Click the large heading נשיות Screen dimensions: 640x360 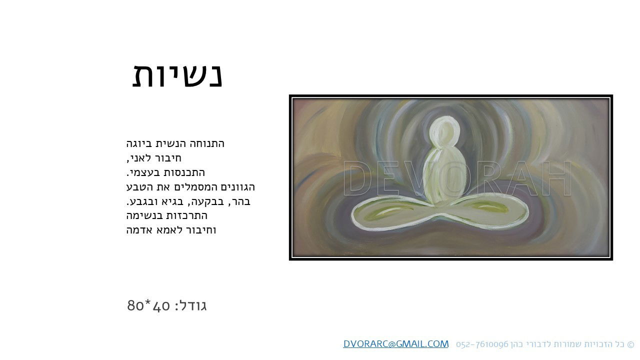point(177,75)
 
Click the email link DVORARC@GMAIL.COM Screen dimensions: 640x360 point(395,344)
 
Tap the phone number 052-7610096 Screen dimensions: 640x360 point(482,344)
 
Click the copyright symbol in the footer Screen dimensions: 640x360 point(630,344)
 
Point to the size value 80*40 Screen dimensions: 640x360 point(149,305)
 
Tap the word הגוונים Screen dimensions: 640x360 point(237,187)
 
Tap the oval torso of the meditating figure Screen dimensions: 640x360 point(444,175)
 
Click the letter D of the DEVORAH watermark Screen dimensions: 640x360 point(357,178)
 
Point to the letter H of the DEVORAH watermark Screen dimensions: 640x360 point(557,178)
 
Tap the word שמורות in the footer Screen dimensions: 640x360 point(567,344)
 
